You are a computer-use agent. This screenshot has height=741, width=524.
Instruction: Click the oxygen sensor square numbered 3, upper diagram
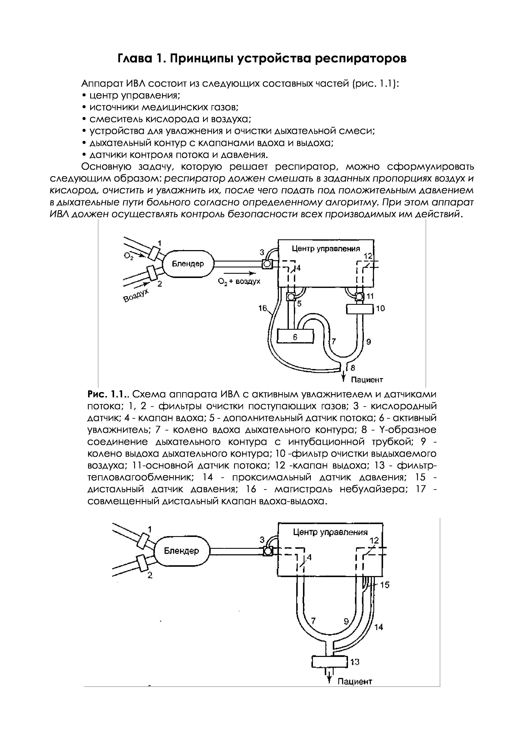pyautogui.click(x=267, y=264)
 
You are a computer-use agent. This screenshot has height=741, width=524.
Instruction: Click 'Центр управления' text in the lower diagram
pyautogui.click(x=330, y=532)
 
